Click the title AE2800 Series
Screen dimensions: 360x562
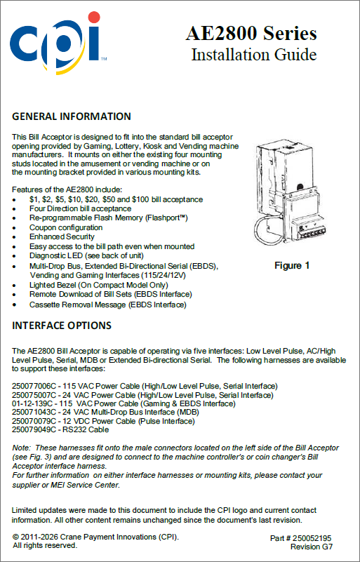coord(251,34)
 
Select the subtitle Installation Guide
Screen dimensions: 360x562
coord(254,55)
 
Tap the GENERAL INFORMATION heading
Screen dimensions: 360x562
coord(72,116)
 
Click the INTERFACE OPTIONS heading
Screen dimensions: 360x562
coord(62,326)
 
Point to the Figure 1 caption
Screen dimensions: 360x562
coord(292,266)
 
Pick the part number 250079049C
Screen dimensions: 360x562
coord(34,429)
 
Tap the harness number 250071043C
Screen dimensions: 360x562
coord(34,412)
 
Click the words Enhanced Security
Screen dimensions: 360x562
coord(62,237)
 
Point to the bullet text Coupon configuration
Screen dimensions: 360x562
coord(66,227)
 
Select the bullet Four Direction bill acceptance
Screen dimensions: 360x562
coord(80,208)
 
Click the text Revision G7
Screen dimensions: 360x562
coord(312,547)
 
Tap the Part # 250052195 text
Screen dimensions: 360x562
coord(301,539)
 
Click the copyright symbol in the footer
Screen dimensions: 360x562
coord(15,537)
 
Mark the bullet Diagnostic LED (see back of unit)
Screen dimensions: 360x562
coord(87,256)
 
